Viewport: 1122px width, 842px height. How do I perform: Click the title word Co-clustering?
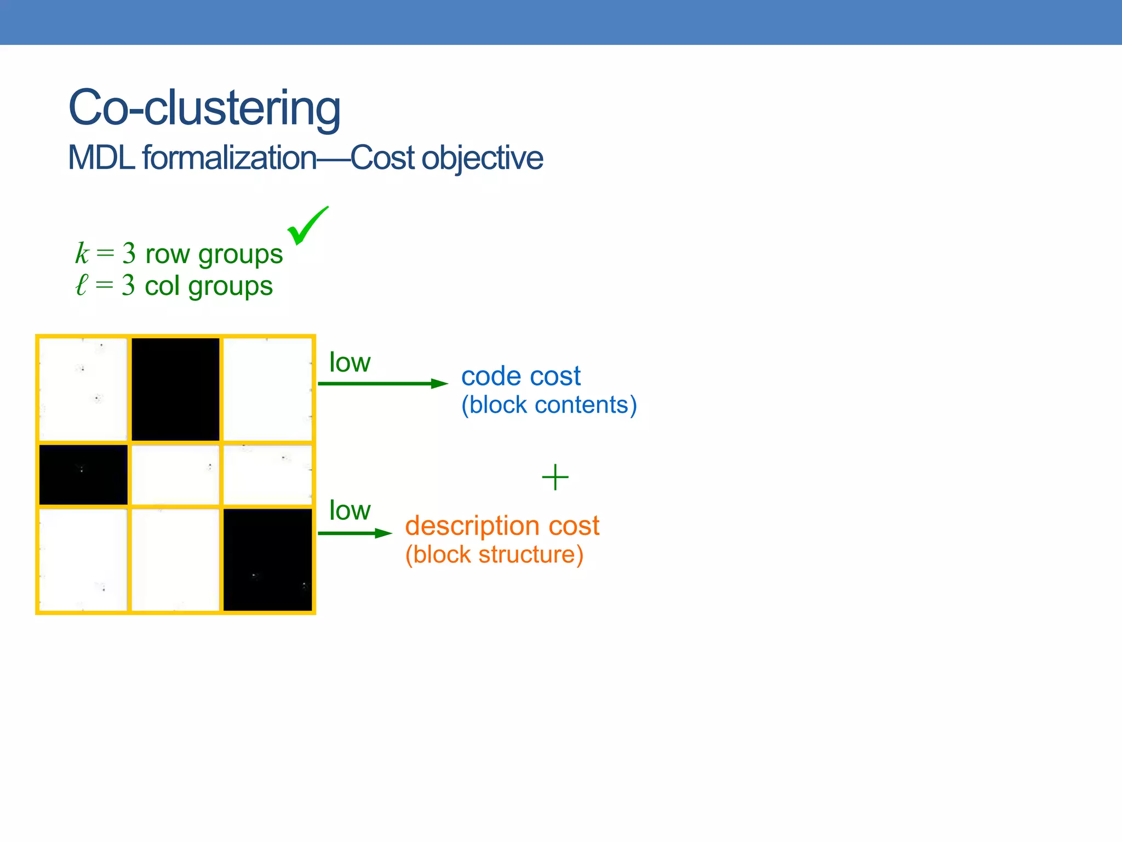click(204, 108)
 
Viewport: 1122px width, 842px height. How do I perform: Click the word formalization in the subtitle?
click(229, 158)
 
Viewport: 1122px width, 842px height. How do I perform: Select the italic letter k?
click(82, 253)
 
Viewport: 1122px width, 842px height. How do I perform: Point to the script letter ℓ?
click(81, 285)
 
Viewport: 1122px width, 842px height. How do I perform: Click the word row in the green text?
click(167, 254)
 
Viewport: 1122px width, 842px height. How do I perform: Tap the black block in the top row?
click(175, 389)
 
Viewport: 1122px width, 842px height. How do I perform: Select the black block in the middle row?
click(83, 474)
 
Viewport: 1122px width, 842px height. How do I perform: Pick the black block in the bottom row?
click(267, 559)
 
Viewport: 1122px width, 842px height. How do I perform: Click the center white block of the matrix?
click(175, 474)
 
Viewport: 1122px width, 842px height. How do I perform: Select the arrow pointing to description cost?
click(354, 533)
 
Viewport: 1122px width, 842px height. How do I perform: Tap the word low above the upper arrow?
click(350, 362)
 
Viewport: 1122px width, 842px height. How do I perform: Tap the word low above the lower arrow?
click(350, 511)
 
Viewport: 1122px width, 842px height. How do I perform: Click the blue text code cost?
click(520, 376)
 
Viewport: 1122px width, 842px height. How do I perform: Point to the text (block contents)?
click(549, 405)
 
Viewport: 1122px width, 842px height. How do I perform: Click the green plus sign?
click(555, 477)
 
